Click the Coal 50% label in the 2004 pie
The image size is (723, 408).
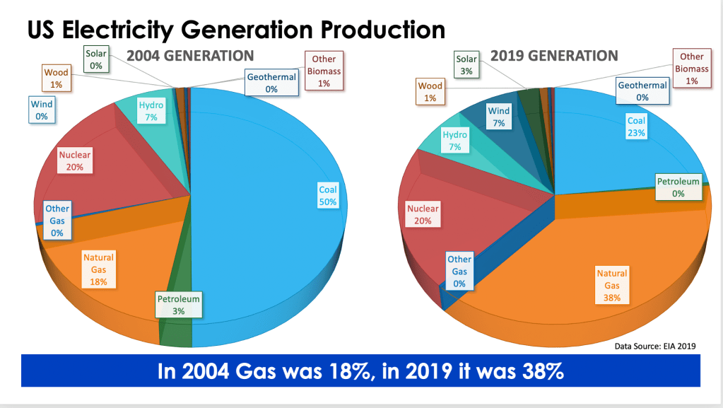pos(328,195)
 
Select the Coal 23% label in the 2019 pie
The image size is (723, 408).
pos(636,127)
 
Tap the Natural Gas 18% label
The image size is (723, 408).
pos(98,269)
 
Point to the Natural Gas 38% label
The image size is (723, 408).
pos(612,285)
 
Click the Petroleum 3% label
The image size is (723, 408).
pos(178,305)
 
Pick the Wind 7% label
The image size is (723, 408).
pos(499,117)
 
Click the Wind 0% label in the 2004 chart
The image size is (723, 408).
pos(42,110)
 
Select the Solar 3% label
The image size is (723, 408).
pos(466,66)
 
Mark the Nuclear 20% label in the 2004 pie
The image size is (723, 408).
pos(76,161)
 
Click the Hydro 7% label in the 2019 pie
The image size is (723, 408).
pos(455,141)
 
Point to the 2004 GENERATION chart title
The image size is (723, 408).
pos(189,56)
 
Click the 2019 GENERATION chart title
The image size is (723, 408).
pos(554,56)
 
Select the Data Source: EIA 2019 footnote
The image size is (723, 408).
pos(655,346)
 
